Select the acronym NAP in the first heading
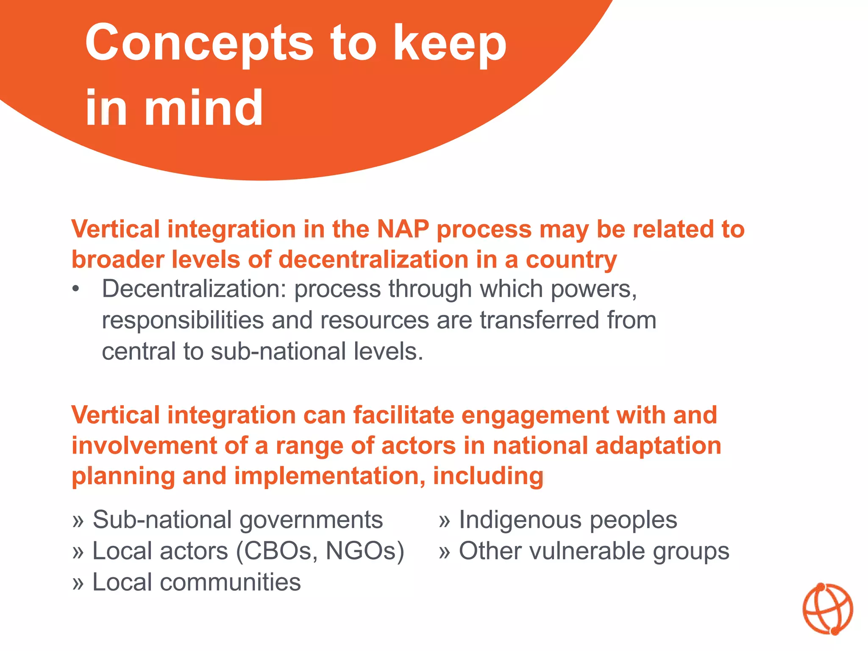pos(403,229)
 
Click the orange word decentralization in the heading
pos(373,259)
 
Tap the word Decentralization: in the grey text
pos(194,289)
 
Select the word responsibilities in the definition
pos(183,320)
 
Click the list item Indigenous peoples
pos(568,520)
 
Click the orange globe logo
pos(827,609)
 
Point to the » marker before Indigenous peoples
pos(444,521)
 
